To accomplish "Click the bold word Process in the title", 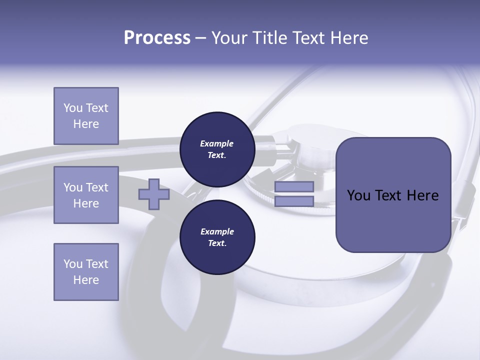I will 157,37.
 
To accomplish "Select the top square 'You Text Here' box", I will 86,116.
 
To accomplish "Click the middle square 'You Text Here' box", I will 86,195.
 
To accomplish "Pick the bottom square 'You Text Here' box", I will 86,271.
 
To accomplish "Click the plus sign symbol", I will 153,194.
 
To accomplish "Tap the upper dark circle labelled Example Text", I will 217,149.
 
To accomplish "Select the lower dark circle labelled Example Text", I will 217,237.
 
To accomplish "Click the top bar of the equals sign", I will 294,186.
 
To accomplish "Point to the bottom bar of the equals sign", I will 294,201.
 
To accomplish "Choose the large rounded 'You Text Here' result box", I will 393,195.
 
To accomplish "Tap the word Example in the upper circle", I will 217,143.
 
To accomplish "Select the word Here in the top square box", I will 86,124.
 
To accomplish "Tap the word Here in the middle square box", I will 86,203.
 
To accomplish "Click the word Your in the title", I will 229,37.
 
